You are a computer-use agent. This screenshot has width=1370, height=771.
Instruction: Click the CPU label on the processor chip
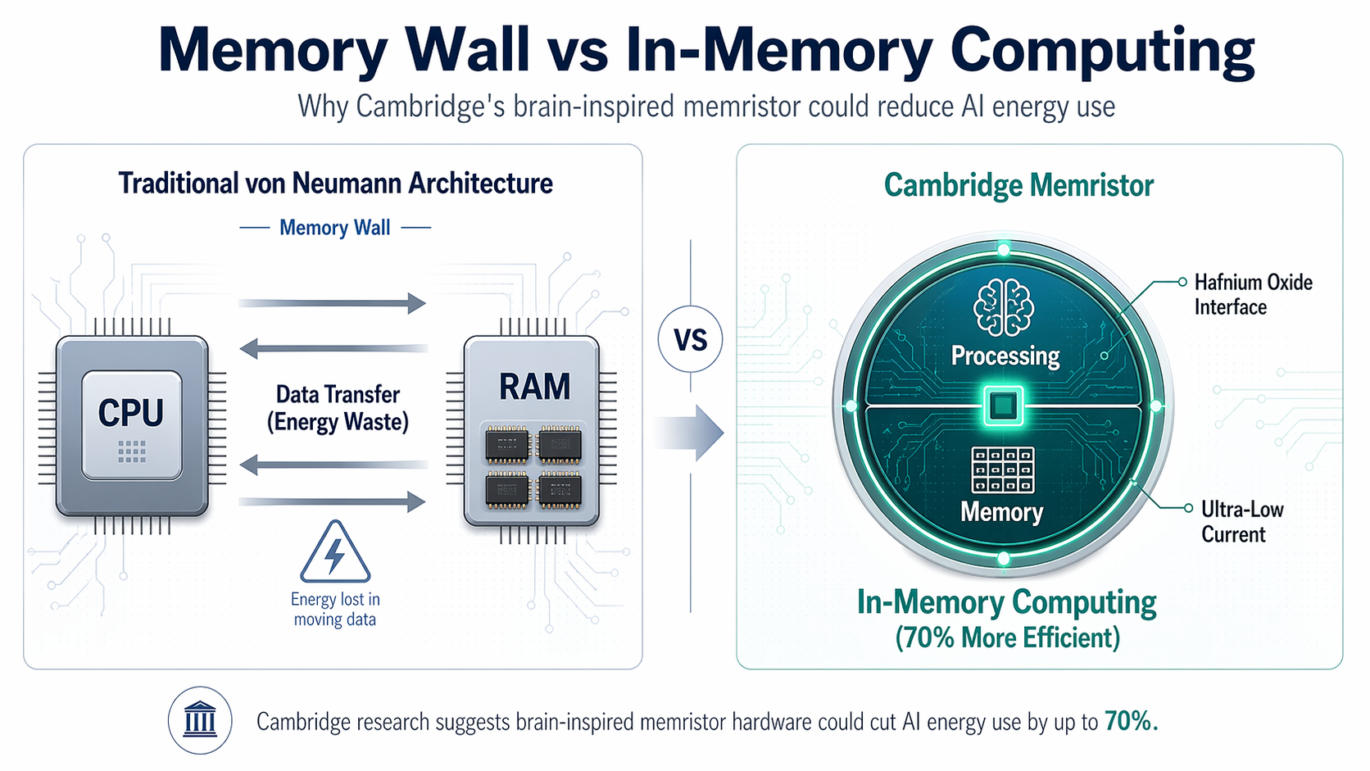[131, 412]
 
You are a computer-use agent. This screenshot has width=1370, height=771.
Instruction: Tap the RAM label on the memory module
[534, 387]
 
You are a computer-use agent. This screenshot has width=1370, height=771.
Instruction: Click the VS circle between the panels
[690, 339]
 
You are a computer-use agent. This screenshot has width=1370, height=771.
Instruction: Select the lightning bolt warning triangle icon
[335, 553]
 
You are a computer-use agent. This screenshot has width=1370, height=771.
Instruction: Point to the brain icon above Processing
[1004, 307]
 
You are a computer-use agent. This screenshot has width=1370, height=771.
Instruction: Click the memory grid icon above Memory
[1002, 470]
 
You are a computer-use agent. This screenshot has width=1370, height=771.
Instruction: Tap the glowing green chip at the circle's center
[1004, 406]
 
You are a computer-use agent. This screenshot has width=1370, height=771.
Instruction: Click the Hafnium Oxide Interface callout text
[1252, 294]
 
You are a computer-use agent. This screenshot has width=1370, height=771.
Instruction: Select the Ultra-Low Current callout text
[1241, 521]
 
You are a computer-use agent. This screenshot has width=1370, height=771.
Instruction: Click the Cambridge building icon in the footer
[200, 720]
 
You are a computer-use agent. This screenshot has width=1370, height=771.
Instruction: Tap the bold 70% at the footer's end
[1130, 721]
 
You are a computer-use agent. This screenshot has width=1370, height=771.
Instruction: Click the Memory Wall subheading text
[334, 228]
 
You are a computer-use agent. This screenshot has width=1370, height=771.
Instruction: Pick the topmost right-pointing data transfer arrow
[332, 303]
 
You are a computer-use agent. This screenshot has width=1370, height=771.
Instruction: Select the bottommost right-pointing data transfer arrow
[332, 501]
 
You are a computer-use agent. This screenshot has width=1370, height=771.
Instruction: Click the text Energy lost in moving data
[335, 610]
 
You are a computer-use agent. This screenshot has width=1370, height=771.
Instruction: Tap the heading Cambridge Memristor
[1018, 185]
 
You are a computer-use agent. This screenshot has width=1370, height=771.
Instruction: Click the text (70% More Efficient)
[1007, 637]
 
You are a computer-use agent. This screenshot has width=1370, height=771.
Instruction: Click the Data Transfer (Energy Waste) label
[338, 408]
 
